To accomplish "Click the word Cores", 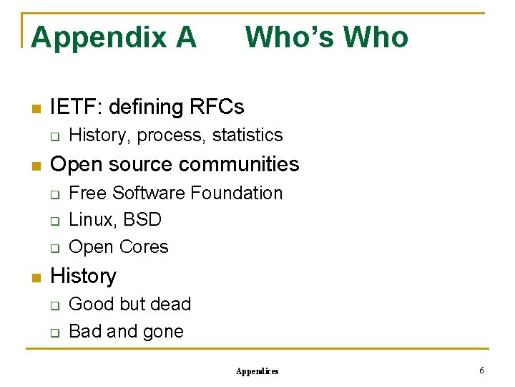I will [143, 247].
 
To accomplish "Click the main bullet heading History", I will [83, 276].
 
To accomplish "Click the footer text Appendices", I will [257, 371].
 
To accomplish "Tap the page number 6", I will [481, 371].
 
